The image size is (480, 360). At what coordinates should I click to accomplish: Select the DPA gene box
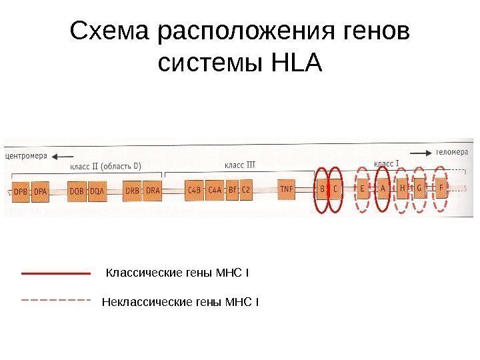(x=41, y=191)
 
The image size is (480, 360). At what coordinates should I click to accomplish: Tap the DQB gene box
(x=77, y=191)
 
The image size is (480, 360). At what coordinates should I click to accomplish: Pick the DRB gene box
(x=132, y=191)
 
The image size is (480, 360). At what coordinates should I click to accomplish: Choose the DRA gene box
(x=153, y=191)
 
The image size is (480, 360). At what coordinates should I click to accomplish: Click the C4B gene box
(x=194, y=190)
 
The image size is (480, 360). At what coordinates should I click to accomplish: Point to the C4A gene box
(x=215, y=190)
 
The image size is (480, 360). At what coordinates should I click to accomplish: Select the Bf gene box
(x=232, y=190)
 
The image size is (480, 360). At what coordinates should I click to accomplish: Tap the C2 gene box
(x=246, y=190)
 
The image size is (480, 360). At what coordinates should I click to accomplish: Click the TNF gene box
(x=287, y=189)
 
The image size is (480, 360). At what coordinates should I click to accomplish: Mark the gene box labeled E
(x=363, y=189)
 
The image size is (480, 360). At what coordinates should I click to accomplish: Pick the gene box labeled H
(x=403, y=189)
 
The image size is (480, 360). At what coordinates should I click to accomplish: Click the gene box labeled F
(x=441, y=188)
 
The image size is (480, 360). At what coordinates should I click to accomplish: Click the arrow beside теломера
(x=419, y=153)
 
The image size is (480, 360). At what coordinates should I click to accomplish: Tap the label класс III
(x=239, y=163)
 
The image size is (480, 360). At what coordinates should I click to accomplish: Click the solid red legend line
(x=56, y=273)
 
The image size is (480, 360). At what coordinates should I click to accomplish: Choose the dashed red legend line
(x=56, y=301)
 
